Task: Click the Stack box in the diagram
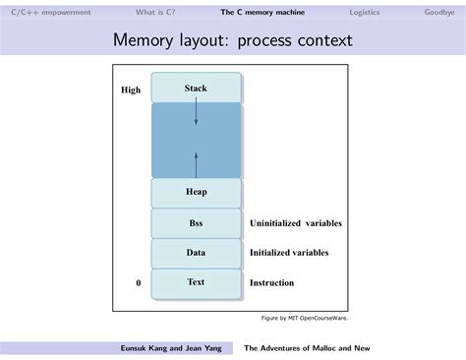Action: pos(196,89)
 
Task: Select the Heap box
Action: pos(196,192)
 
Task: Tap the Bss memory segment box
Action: pos(196,223)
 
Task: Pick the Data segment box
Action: pos(196,253)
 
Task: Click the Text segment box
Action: pos(196,282)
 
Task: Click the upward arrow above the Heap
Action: pos(196,161)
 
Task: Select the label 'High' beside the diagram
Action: pos(131,90)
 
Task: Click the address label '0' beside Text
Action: pos(139,283)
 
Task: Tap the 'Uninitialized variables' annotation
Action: pos(295,223)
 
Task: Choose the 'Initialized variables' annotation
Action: pos(289,253)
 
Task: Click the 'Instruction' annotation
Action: pos(271,283)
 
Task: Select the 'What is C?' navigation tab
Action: pos(156,12)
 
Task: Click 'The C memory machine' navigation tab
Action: pos(262,12)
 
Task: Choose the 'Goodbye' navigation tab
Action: pos(438,12)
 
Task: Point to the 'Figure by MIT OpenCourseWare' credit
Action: pos(304,318)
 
